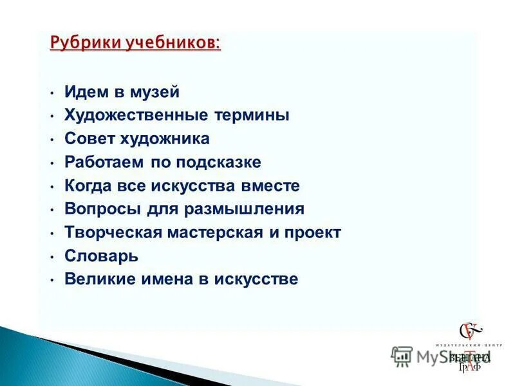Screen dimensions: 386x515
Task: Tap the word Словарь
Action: pos(101,256)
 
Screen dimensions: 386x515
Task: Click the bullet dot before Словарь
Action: pos(51,257)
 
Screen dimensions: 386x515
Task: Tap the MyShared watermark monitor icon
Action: pos(402,355)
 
